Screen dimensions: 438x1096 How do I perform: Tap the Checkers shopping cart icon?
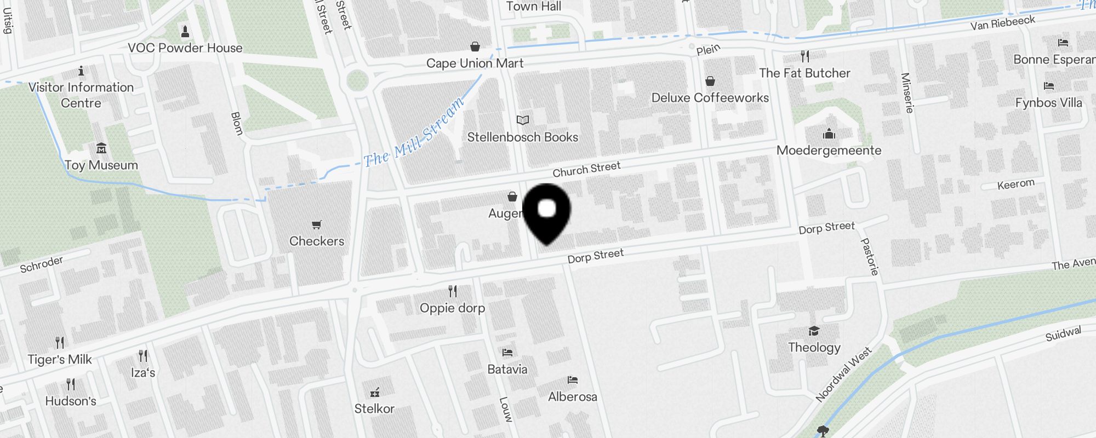[316, 224]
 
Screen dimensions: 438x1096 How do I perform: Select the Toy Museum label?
[101, 165]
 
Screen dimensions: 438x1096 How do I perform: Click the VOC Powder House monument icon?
[185, 31]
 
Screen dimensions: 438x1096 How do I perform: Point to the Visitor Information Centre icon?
[81, 71]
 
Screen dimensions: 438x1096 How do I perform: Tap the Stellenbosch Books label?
[522, 137]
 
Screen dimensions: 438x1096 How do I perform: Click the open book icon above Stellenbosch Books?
[523, 120]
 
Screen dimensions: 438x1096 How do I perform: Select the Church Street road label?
[586, 169]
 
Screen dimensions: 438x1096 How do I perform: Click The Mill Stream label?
[414, 134]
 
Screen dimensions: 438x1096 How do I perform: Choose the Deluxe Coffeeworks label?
[710, 98]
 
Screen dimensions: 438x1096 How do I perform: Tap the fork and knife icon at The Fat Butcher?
[804, 56]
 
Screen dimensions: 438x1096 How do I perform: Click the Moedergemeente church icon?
[829, 134]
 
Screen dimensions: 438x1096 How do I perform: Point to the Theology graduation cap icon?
[814, 331]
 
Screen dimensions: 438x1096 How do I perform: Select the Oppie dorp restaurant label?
[452, 308]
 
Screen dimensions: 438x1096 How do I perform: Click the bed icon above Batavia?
[507, 353]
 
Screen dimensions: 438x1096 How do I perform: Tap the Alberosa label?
[572, 397]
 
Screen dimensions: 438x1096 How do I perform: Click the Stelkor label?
[374, 409]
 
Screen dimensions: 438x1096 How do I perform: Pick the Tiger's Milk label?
[60, 360]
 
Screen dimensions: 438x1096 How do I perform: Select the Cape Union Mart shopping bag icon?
[475, 47]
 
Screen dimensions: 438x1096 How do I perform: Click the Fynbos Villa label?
[1048, 103]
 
